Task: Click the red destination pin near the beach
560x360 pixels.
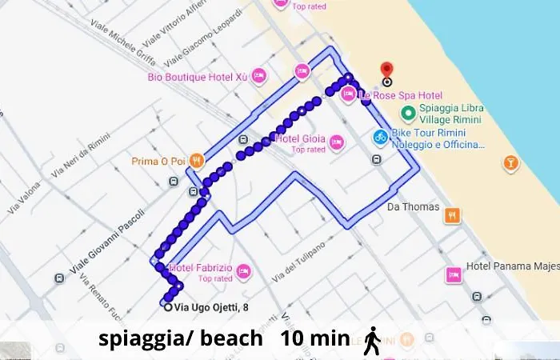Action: coord(387,70)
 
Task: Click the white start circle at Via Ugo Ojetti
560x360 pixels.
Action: coord(167,306)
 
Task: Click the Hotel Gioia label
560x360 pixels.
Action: coord(299,138)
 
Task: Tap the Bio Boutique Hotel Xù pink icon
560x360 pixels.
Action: coord(258,77)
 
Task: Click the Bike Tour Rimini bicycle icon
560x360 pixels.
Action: coord(381,137)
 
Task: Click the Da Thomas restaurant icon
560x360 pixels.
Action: coord(453,214)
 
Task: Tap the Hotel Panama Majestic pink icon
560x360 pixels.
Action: coord(454,274)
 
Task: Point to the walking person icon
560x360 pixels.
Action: coord(372,339)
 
